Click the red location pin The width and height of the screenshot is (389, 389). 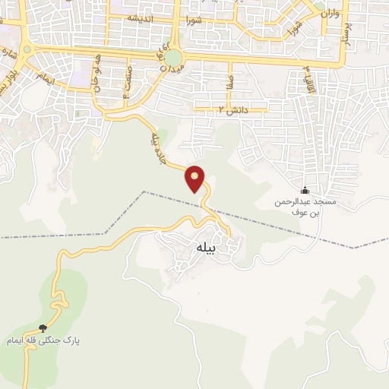[x=196, y=178]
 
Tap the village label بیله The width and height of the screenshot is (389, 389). [x=207, y=247]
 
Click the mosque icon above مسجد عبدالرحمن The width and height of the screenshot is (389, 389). [x=305, y=190]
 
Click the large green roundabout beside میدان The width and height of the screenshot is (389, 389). [x=175, y=58]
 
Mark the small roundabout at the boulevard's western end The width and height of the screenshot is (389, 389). [x=28, y=50]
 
